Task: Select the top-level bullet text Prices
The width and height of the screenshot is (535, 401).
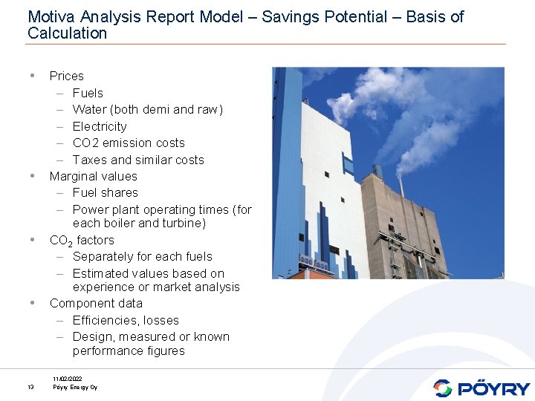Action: point(66,76)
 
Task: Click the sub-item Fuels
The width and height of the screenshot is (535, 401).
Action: point(88,93)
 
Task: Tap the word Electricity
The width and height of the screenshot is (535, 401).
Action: point(100,126)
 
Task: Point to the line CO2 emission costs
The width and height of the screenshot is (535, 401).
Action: point(129,143)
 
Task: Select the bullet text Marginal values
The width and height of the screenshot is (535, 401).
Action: point(93,176)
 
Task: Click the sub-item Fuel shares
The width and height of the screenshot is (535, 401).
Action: point(105,192)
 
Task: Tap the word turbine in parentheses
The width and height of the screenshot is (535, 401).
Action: point(182,223)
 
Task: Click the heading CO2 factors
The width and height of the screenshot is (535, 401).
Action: point(82,241)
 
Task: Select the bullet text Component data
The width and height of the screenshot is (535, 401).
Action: point(95,303)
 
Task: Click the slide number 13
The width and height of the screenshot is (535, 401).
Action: point(30,387)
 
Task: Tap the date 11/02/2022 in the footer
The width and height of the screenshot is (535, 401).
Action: point(68,379)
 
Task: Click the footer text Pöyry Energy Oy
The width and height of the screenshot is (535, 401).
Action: point(74,387)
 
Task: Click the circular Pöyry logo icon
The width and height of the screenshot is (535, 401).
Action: point(443,388)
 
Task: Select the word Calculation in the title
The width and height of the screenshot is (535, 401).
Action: point(67,33)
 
